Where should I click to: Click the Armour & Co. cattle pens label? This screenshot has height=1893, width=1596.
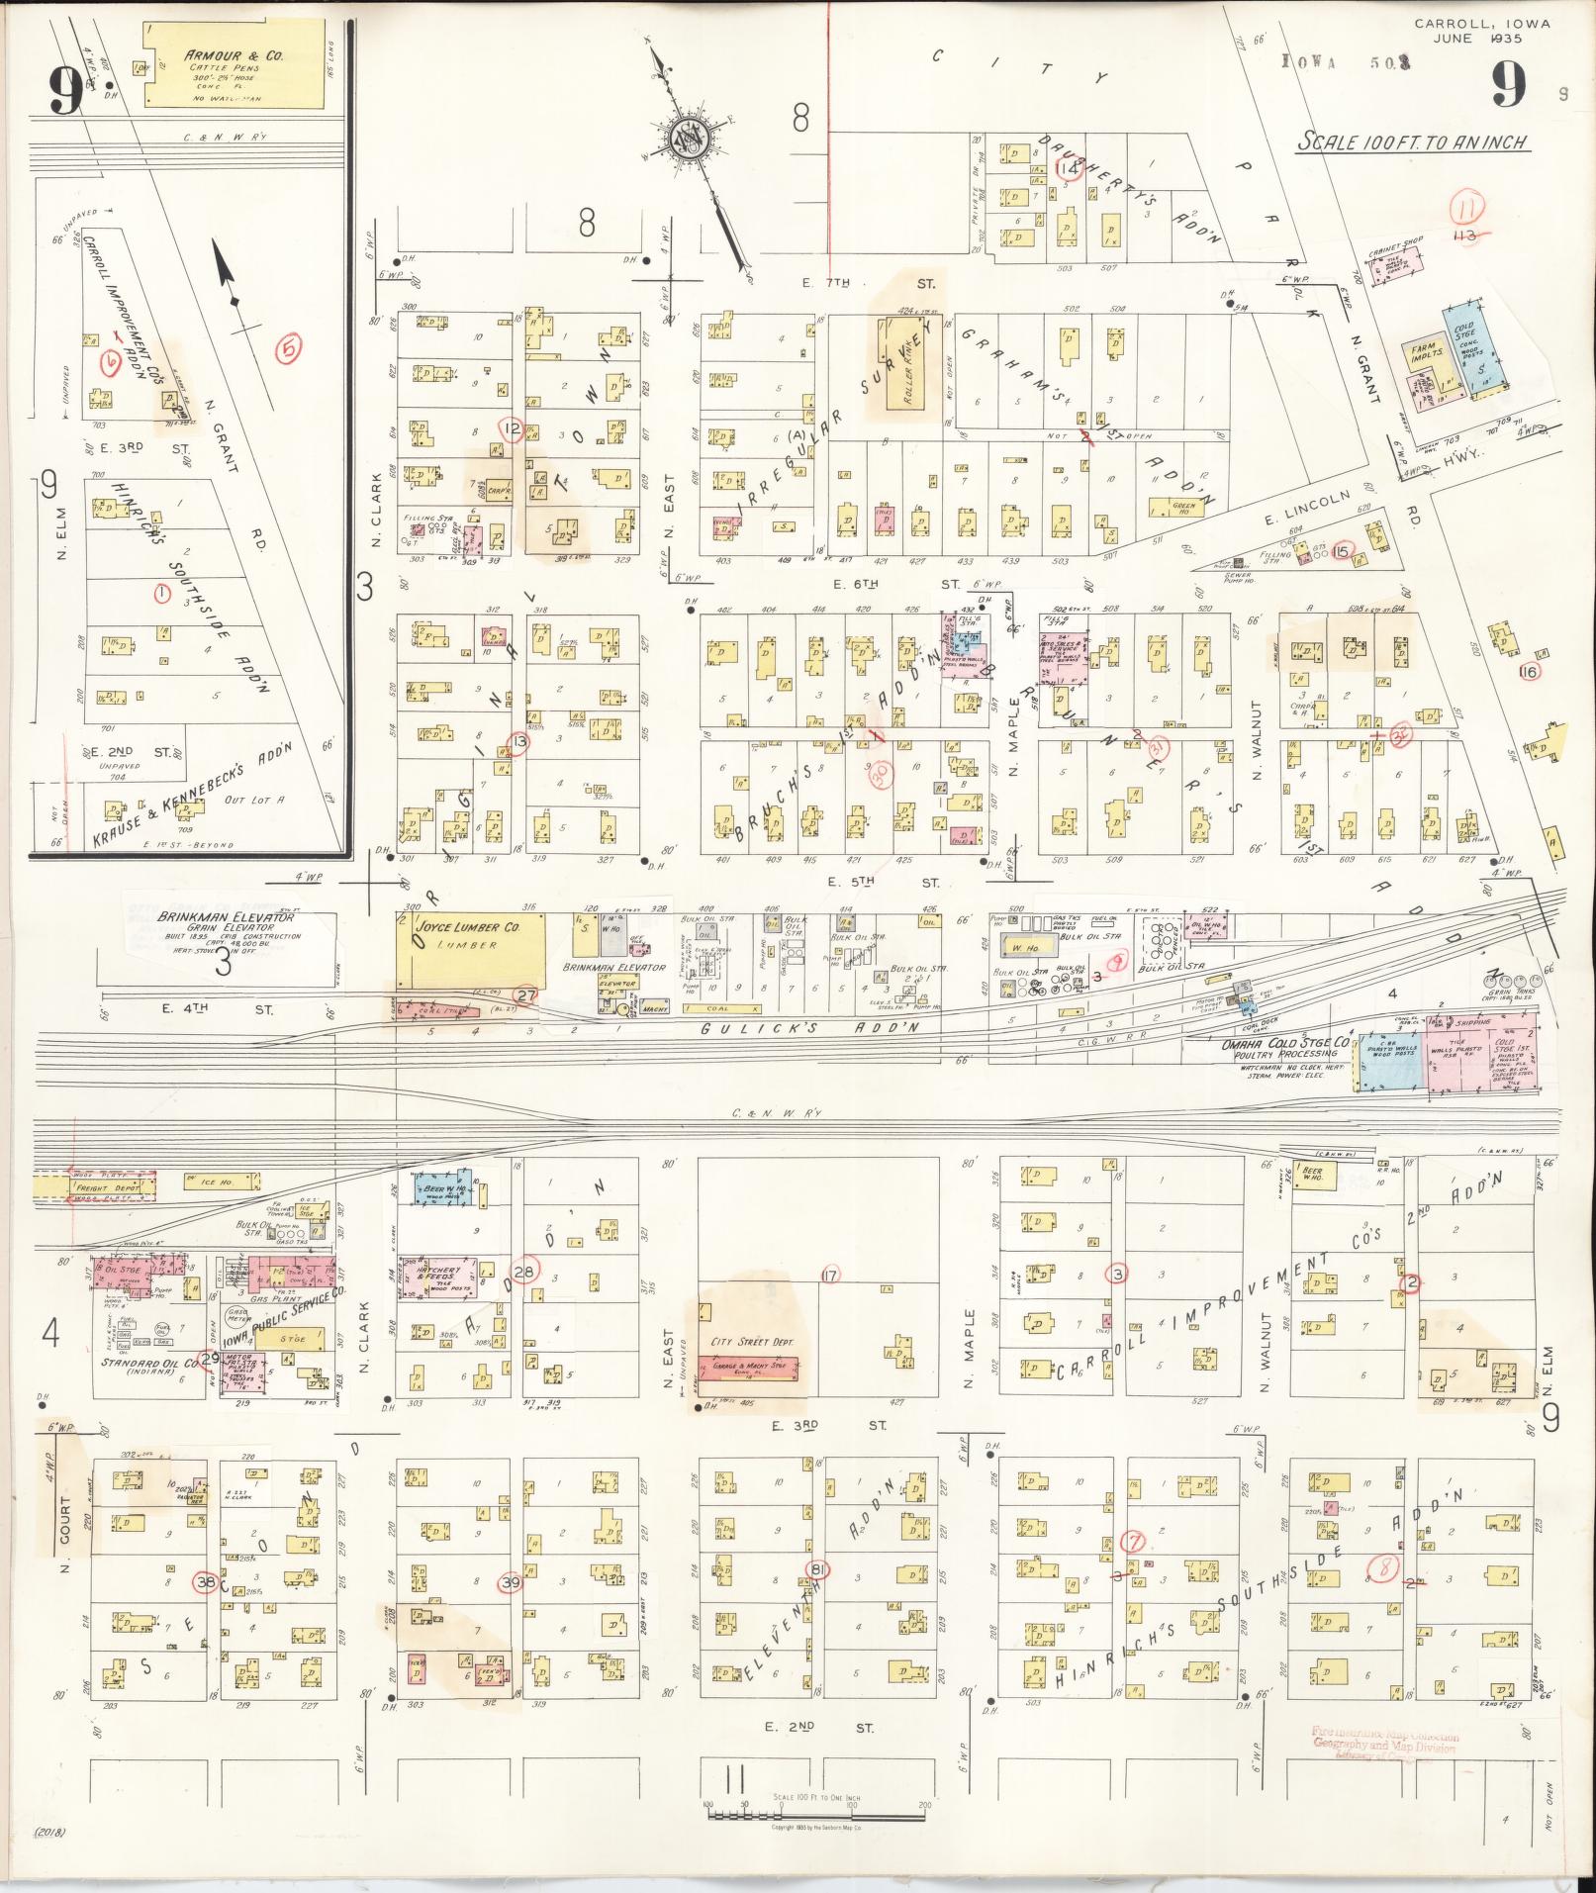tap(234, 56)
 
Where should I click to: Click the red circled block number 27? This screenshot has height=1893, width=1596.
tap(526, 995)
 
